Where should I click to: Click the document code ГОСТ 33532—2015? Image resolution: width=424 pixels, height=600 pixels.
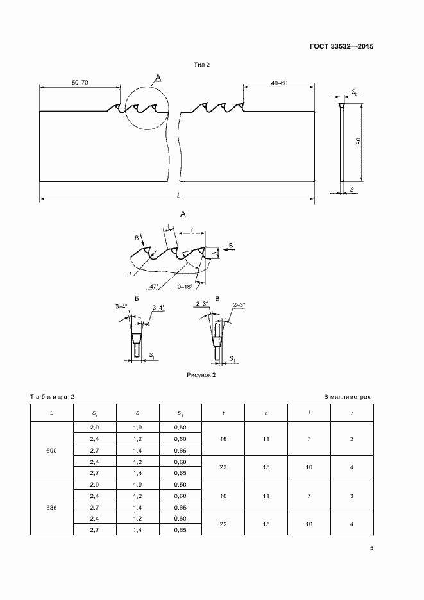point(341,47)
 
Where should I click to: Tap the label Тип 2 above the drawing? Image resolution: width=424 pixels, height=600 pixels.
point(201,65)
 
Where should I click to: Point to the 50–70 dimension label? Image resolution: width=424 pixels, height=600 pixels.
point(80,83)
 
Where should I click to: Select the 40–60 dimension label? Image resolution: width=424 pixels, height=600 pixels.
point(279,83)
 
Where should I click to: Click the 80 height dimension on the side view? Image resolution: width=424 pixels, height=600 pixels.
point(358,141)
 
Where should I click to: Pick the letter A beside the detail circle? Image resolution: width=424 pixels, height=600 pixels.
point(158,78)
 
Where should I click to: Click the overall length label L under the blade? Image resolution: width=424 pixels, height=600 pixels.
point(179,195)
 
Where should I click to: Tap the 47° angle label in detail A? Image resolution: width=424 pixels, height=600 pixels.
point(155,287)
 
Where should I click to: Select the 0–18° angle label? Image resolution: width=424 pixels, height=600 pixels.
point(185,287)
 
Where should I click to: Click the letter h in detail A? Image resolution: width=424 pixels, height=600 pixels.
point(216,253)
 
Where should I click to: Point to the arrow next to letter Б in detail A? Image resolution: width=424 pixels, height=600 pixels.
point(230,250)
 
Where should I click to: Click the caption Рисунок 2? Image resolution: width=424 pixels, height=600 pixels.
point(201,375)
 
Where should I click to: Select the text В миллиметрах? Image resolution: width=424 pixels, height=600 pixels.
point(347,397)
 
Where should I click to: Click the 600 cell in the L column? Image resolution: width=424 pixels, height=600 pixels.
point(51,451)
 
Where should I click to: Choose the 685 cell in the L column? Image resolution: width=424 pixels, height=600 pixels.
point(51,508)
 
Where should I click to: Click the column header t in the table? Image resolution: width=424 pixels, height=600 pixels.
point(223,413)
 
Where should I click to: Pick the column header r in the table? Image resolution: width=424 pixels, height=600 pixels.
point(352,413)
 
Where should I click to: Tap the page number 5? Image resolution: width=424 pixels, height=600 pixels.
point(371,548)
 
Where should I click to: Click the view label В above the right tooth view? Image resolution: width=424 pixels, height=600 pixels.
point(217,299)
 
